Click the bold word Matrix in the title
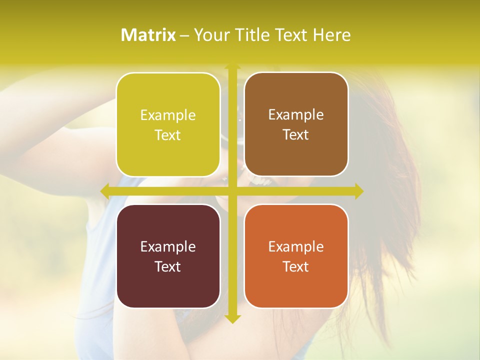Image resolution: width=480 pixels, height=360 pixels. [148, 35]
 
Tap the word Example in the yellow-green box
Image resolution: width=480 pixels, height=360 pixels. [168, 115]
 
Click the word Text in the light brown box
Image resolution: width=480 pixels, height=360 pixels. [296, 135]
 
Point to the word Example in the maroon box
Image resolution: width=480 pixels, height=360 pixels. [168, 246]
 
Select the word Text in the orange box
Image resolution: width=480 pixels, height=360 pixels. [296, 266]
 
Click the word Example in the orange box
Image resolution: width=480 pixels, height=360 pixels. [296, 246]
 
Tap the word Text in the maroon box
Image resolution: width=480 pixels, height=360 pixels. [168, 266]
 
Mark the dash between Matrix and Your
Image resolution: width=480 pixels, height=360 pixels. [184, 35]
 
